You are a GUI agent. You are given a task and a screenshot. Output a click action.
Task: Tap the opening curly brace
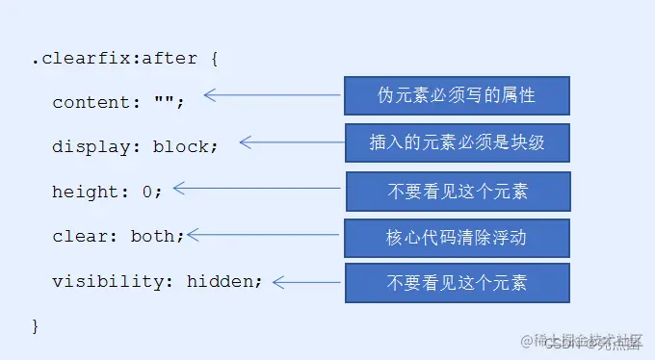[214, 59]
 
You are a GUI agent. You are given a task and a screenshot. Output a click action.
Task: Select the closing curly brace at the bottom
[36, 325]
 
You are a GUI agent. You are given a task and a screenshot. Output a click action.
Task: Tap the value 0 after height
[147, 191]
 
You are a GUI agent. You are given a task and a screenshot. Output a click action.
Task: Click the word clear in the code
[79, 235]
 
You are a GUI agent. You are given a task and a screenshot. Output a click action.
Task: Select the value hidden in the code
[222, 281]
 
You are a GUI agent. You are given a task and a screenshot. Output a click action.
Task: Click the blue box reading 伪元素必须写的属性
[457, 95]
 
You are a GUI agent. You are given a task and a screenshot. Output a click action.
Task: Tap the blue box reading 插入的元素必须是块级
[457, 141]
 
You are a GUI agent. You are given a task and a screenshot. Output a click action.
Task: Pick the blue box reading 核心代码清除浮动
[457, 237]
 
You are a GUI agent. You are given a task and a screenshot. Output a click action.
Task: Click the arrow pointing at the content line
[273, 95]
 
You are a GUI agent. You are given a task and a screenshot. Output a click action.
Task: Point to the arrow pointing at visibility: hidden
[307, 282]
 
